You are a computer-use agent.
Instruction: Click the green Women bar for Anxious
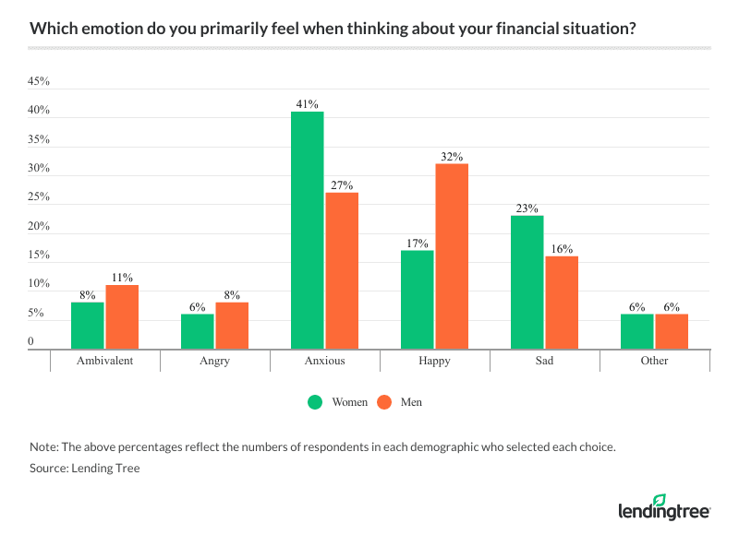click(x=308, y=231)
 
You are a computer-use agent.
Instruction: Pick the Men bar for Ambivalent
click(x=122, y=317)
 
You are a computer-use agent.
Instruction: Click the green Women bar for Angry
click(x=198, y=332)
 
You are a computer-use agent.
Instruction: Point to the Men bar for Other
click(x=672, y=332)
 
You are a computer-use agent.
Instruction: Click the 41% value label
click(x=308, y=103)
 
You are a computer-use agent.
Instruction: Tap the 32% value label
click(x=452, y=156)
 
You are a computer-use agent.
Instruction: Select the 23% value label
click(x=527, y=208)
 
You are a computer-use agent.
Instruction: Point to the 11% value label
click(x=123, y=277)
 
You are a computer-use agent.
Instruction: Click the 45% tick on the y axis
click(x=39, y=82)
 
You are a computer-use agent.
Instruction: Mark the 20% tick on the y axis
click(x=39, y=227)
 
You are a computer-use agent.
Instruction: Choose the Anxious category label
click(x=325, y=361)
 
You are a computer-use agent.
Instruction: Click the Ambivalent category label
click(x=105, y=361)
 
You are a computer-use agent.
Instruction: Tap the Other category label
click(x=654, y=361)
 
